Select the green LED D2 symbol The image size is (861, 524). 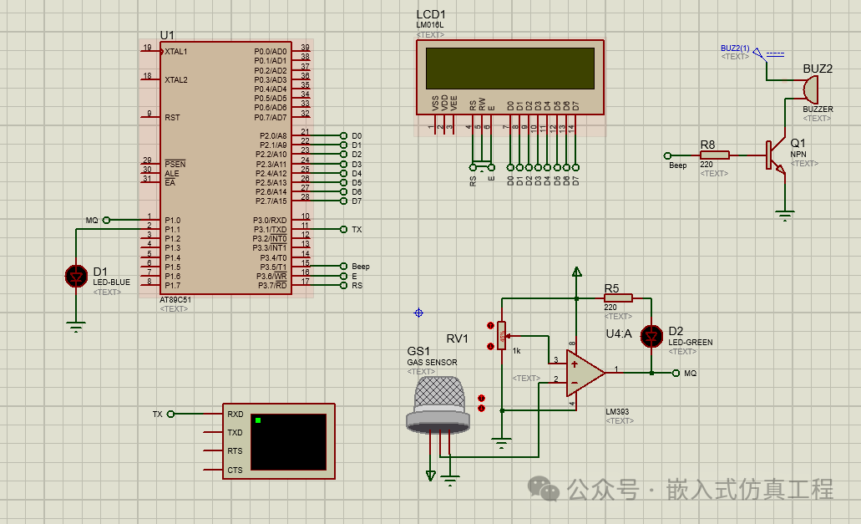coord(651,336)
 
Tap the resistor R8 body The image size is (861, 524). coord(714,155)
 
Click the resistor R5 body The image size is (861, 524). coord(618,298)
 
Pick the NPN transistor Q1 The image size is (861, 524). coord(775,155)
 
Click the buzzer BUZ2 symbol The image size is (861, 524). coord(808,89)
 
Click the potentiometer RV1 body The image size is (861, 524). coord(501,335)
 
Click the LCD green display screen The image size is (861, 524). coord(509,68)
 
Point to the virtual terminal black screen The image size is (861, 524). coord(288,441)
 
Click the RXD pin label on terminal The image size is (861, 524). coord(235,414)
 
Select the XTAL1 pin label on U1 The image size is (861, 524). coord(176,52)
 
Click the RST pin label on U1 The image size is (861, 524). coord(172,118)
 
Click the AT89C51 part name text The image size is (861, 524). coord(175,299)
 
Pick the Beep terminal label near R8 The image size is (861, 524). coord(677,165)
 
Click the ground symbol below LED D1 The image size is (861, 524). coord(77,327)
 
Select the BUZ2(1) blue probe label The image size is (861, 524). coord(735,48)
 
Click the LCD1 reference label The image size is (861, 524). coord(431,15)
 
